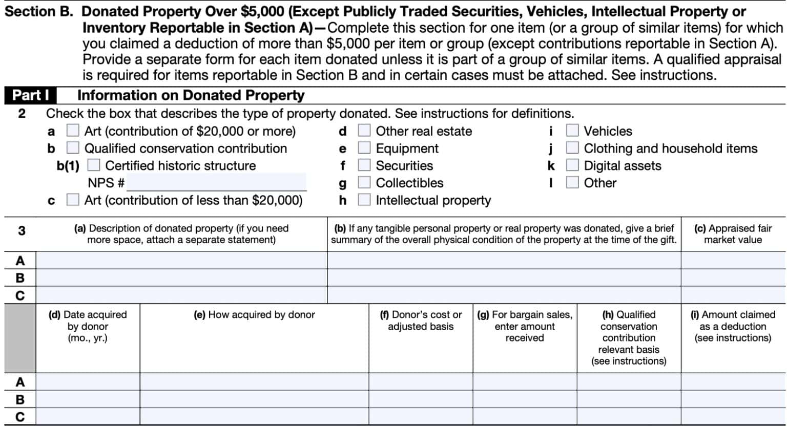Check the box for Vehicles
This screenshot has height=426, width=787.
(572, 131)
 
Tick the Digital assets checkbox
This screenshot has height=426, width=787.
(572, 165)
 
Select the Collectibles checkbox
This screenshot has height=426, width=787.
(364, 183)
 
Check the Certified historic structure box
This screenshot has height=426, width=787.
(94, 165)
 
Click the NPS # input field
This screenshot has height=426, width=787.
(216, 182)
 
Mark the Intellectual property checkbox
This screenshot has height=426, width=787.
(364, 200)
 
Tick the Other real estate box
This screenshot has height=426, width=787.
(364, 131)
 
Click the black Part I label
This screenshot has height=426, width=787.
(30, 95)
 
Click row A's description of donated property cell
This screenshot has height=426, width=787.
(181, 260)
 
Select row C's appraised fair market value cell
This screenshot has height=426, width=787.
(733, 295)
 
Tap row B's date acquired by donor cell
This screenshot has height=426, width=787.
(88, 399)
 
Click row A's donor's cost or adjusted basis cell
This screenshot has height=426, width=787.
(421, 381)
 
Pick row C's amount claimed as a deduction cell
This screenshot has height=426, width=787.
(733, 416)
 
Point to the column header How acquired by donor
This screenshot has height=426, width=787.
(254, 315)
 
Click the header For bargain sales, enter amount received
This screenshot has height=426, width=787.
(525, 326)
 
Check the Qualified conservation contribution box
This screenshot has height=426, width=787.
(73, 148)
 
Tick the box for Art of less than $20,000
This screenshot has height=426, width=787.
(73, 200)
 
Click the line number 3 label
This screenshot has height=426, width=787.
(21, 231)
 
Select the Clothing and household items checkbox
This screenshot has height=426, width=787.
(572, 148)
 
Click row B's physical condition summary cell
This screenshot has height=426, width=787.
(504, 278)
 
